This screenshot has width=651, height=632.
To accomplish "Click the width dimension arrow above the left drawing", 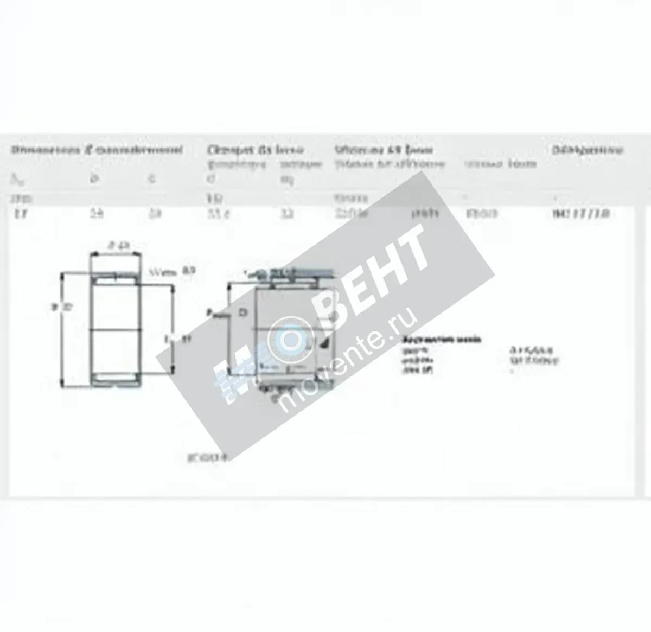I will coord(116,253).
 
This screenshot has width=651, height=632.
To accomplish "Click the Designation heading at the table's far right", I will coord(587,150).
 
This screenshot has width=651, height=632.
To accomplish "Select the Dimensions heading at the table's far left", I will coord(97,150).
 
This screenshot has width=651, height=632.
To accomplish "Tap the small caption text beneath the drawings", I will coord(208,457).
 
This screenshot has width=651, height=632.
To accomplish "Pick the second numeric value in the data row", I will coord(95,214).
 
